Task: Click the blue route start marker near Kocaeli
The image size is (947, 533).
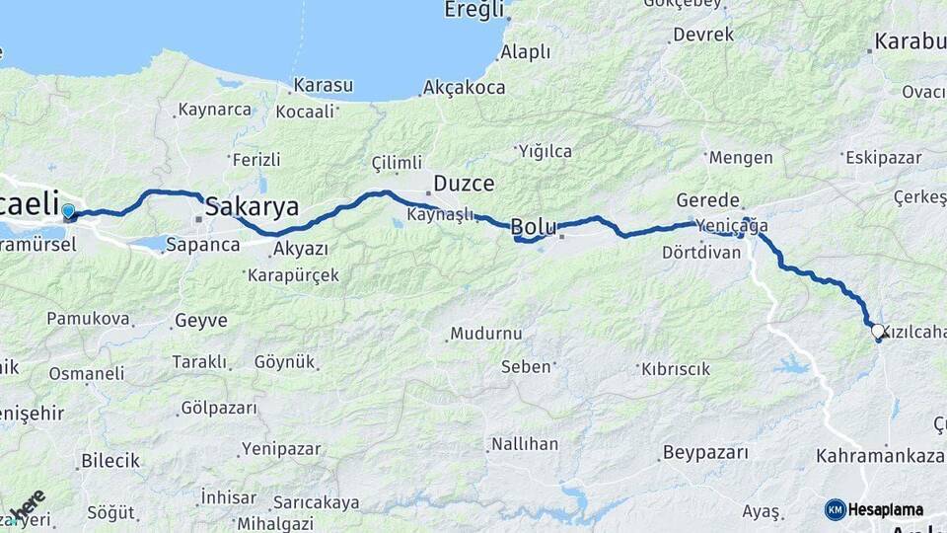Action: click(x=68, y=211)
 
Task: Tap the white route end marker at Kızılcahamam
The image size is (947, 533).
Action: click(x=876, y=330)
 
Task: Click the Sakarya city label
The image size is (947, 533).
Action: click(x=253, y=207)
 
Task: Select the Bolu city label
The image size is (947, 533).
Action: click(x=534, y=226)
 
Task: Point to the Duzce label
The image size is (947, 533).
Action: click(x=464, y=184)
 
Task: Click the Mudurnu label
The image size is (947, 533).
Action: click(x=485, y=333)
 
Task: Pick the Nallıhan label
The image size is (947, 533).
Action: click(x=525, y=444)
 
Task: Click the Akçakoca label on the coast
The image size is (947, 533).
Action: click(x=464, y=88)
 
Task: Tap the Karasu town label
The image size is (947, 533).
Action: click(x=324, y=85)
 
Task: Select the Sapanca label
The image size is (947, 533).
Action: click(x=202, y=244)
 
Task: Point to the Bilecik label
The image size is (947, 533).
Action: click(x=110, y=460)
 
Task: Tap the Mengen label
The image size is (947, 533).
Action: click(x=741, y=157)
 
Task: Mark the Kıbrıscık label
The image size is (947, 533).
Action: click(x=676, y=369)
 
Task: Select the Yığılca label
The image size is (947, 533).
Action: click(x=546, y=151)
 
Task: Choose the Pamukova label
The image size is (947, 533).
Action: click(x=88, y=319)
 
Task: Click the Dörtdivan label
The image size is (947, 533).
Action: click(x=701, y=252)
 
